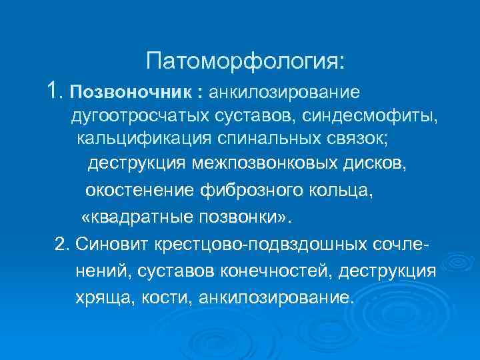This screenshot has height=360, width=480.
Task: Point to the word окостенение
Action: coord(139,191)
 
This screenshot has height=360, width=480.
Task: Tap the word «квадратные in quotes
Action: coord(135,218)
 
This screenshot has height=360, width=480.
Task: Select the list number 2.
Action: coord(61,245)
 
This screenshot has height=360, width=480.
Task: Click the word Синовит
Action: coord(105,245)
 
